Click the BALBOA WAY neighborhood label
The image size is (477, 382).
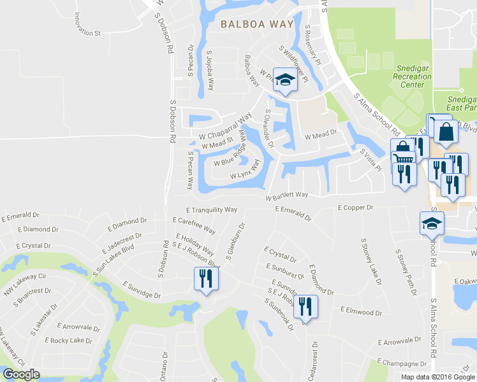tap(257, 25)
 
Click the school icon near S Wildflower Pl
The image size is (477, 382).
tap(285, 80)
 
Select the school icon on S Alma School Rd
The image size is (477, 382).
tap(432, 224)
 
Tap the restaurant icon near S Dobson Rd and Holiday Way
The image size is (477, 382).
tap(206, 279)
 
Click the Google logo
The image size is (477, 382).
tap(20, 374)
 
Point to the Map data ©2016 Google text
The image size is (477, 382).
tap(437, 376)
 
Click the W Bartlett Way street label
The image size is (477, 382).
tap(288, 195)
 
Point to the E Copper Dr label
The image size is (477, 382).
tap(355, 208)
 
